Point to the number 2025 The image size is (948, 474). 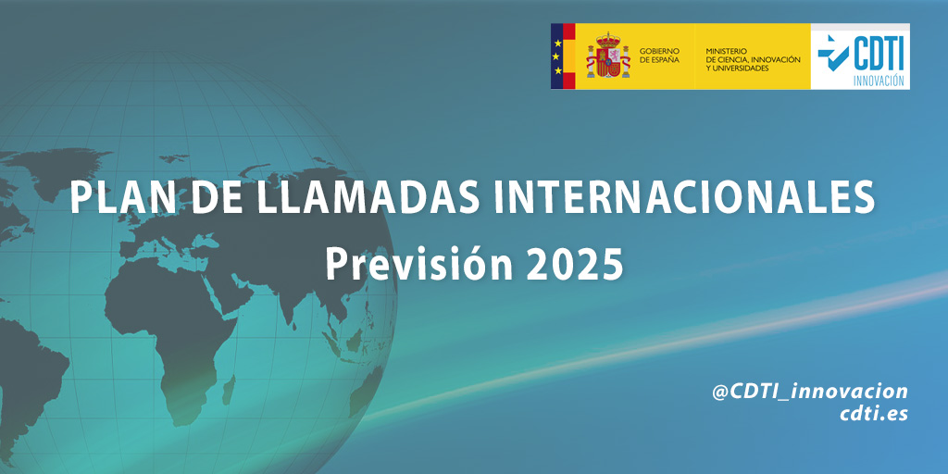(574, 263)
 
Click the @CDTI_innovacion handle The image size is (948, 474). (810, 392)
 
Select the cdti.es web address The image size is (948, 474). (874, 414)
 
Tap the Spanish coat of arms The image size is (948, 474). (608, 56)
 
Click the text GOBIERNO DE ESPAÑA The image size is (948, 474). (659, 56)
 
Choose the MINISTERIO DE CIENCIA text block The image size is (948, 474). (753, 60)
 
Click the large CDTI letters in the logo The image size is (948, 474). (879, 54)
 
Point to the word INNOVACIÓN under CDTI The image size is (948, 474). (879, 81)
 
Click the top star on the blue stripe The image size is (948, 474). (557, 43)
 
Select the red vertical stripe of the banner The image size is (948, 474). (569, 56)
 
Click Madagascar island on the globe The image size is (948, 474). (229, 390)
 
